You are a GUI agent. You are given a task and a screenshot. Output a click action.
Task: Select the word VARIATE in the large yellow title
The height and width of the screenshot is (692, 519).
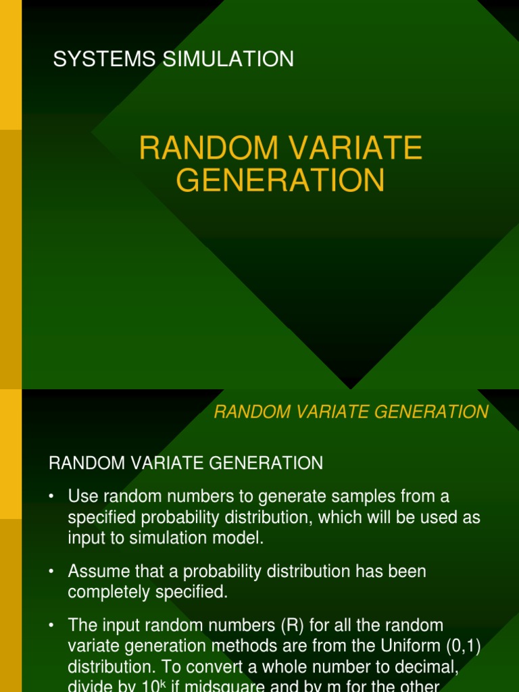coord(357,149)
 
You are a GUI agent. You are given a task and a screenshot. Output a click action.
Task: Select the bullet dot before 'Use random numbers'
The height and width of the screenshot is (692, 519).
coord(51,497)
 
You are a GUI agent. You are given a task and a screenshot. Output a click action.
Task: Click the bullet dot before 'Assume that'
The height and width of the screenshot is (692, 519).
coord(51,572)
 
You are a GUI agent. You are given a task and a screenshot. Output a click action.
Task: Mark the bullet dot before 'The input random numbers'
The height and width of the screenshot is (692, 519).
coord(51,626)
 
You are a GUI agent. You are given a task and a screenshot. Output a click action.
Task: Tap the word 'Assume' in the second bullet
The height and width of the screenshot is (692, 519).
coord(98,571)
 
